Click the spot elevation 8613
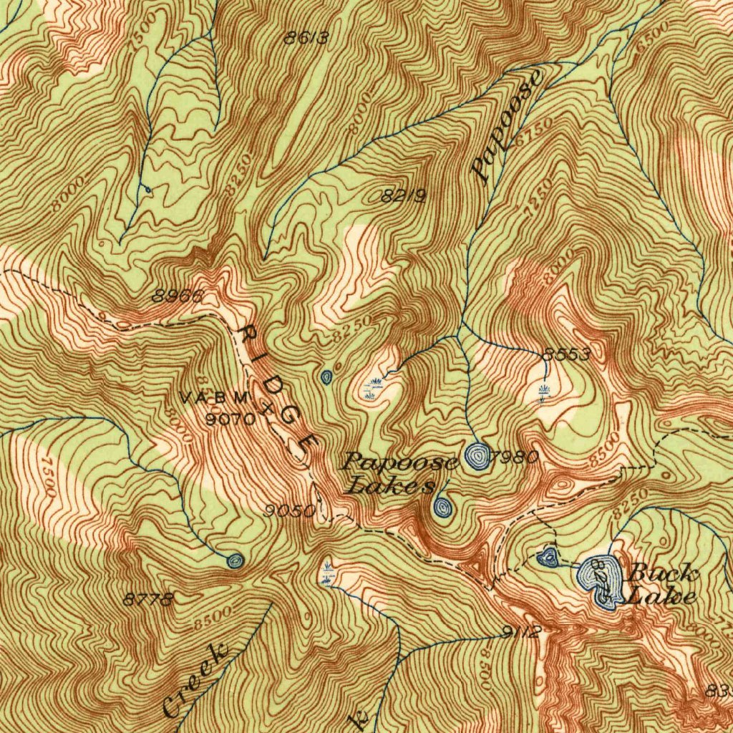pos(306,39)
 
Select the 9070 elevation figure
pos(230,419)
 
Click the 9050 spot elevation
pos(289,510)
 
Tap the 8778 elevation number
pos(148,600)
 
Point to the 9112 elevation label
pos(521,631)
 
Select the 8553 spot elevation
pos(566,354)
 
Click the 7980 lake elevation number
pos(515,458)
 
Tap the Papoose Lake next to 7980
pos(477,456)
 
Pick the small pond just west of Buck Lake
pos(548,556)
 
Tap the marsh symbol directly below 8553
pos(543,391)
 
